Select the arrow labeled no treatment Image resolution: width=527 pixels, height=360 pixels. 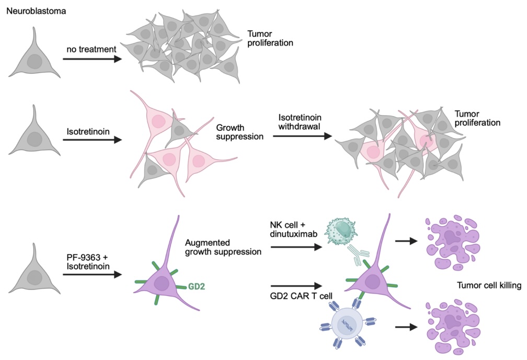click(x=91, y=60)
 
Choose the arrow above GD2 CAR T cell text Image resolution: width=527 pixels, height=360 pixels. click(x=295, y=286)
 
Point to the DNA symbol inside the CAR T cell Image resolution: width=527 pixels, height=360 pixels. click(x=347, y=325)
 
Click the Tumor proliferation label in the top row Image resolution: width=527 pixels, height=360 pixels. click(x=270, y=37)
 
